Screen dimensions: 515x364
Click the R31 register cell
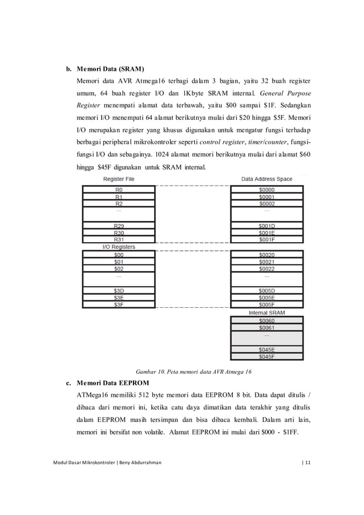click(x=119, y=240)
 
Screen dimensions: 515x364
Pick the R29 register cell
click(x=119, y=226)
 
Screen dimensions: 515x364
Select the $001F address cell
click(x=266, y=240)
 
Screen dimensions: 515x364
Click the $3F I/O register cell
click(x=119, y=304)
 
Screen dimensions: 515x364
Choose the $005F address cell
click(x=266, y=304)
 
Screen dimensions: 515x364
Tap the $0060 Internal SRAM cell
click(x=266, y=320)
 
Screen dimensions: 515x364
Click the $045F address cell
click(x=266, y=357)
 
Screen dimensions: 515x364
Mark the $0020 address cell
click(x=266, y=255)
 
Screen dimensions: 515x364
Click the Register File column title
click(x=119, y=179)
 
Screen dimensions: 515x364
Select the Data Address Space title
click(x=266, y=179)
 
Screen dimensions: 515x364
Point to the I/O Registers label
click(x=119, y=247)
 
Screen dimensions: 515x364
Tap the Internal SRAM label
click(x=266, y=312)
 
